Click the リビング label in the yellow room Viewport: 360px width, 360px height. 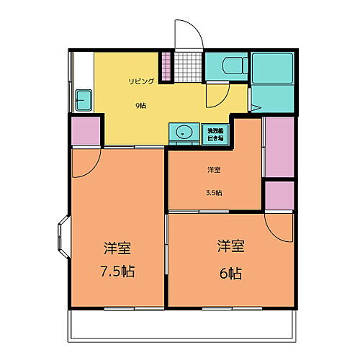click(x=141, y=81)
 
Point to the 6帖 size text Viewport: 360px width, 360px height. click(x=231, y=273)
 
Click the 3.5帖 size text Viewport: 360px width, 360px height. click(x=214, y=192)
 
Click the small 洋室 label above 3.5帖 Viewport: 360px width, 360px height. click(x=214, y=170)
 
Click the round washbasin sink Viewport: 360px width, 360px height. click(x=184, y=132)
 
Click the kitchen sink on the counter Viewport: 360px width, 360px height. click(x=83, y=99)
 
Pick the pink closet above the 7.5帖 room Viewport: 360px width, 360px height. click(x=86, y=132)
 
